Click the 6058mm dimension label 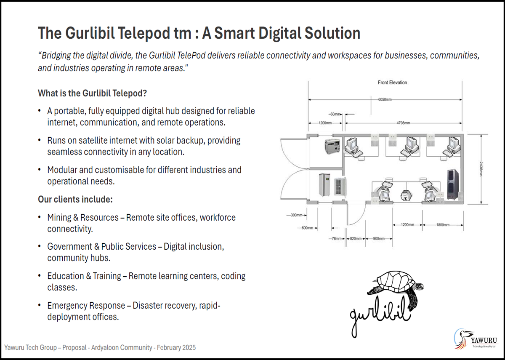385,99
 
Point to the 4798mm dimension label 403,123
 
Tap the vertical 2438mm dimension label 481,169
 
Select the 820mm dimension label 356,238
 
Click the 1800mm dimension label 443,225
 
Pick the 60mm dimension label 335,114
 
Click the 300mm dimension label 296,215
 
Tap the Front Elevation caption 392,83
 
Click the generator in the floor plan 332,147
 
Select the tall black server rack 453,184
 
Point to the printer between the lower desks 406,195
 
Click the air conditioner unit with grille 340,186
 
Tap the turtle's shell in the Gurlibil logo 395,281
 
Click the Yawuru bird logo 462,339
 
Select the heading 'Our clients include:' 75,200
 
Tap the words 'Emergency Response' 86,306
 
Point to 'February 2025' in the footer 176,348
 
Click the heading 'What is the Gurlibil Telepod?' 92,93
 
